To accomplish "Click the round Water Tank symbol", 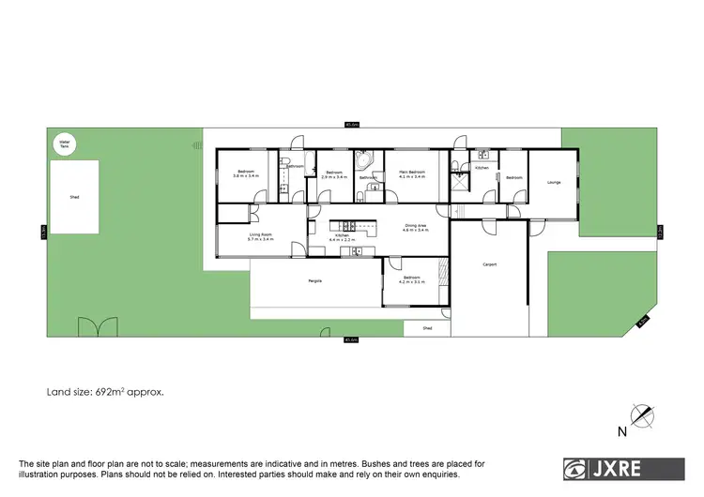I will coord(64,143).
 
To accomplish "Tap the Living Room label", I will coord(260,234).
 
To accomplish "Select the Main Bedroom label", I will coord(411,172).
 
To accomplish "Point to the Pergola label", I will coord(315,281).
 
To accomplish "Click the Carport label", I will coord(489,264).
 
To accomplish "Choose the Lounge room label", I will coord(554,182).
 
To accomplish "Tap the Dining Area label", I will coord(416,225).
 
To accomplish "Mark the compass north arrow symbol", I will coord(640,414).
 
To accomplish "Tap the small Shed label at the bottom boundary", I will coord(427,328).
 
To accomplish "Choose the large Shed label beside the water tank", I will coord(74,198).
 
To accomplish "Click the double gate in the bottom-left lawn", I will coord(92,329).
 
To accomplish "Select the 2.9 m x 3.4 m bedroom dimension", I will coord(334,175).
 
